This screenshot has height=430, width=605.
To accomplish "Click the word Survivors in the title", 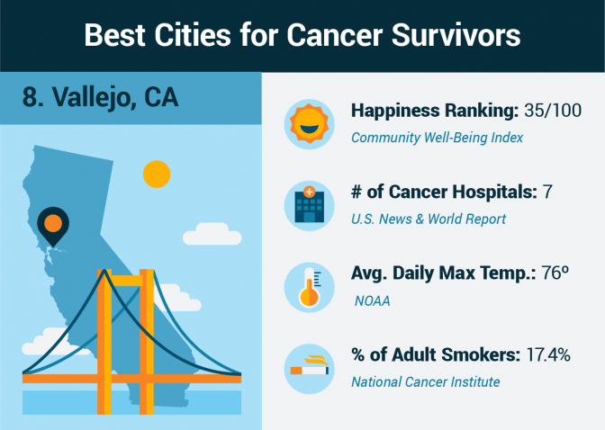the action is click(456, 35).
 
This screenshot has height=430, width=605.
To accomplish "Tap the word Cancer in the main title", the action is click(335, 35).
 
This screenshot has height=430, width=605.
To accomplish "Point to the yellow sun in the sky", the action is click(157, 174).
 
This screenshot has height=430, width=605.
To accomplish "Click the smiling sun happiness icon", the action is click(309, 124).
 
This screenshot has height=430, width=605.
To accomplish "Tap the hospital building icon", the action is click(309, 205).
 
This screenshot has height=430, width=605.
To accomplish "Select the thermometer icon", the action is click(309, 287).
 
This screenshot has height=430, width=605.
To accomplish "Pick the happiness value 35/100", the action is click(553, 111).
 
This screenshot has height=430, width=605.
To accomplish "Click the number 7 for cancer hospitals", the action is click(547, 192).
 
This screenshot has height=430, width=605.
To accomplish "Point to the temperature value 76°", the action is click(555, 273).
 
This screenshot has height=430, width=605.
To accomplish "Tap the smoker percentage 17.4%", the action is click(548, 354).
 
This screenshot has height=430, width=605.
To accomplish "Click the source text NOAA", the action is click(373, 300).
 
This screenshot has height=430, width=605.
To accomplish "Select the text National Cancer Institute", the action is click(426, 381).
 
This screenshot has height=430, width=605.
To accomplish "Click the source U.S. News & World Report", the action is click(429, 219).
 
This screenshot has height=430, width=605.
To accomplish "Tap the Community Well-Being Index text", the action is click(438, 138).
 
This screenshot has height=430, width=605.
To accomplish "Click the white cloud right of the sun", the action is click(212, 234).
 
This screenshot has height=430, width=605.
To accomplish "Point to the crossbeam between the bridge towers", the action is click(125, 281).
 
